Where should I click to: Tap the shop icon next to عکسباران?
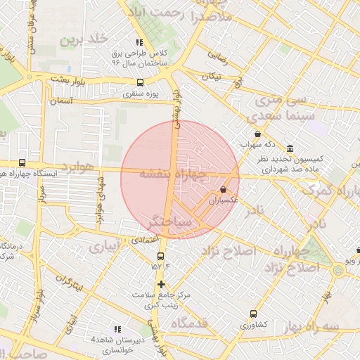click(224, 189)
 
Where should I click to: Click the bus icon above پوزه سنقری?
click(140, 82)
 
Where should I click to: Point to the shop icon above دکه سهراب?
click(257, 134)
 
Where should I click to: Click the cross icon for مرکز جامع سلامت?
click(162, 285)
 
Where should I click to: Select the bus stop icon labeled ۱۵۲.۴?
click(161, 256)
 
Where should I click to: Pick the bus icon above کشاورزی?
click(253, 314)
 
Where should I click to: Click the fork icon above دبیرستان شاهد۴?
click(117, 329)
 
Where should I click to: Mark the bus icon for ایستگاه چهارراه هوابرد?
click(22, 163)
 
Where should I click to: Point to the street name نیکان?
click(211, 75)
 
